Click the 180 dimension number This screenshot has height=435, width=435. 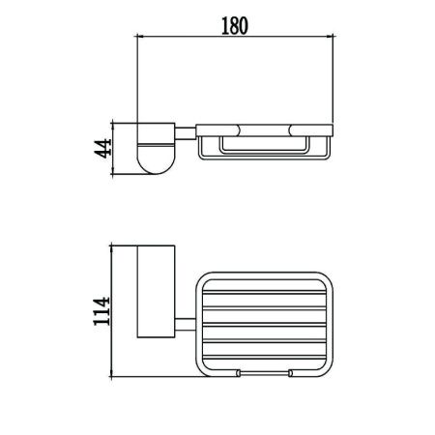coord(235,26)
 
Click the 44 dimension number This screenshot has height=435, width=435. coord(102,149)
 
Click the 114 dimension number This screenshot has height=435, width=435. coord(101,311)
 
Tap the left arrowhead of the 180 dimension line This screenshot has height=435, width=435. coord(140,37)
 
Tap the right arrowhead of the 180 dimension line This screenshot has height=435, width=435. coord(330,37)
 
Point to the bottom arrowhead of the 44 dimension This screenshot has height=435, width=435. coord(112,171)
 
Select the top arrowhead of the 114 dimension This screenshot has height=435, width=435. coord(111,248)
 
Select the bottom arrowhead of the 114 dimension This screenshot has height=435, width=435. coord(111,373)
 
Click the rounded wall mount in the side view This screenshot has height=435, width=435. coord(157,149)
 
